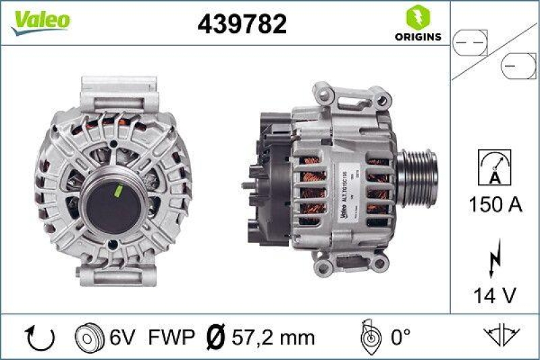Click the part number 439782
point(242,24)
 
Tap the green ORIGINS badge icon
point(415,16)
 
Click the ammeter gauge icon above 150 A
point(494,165)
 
